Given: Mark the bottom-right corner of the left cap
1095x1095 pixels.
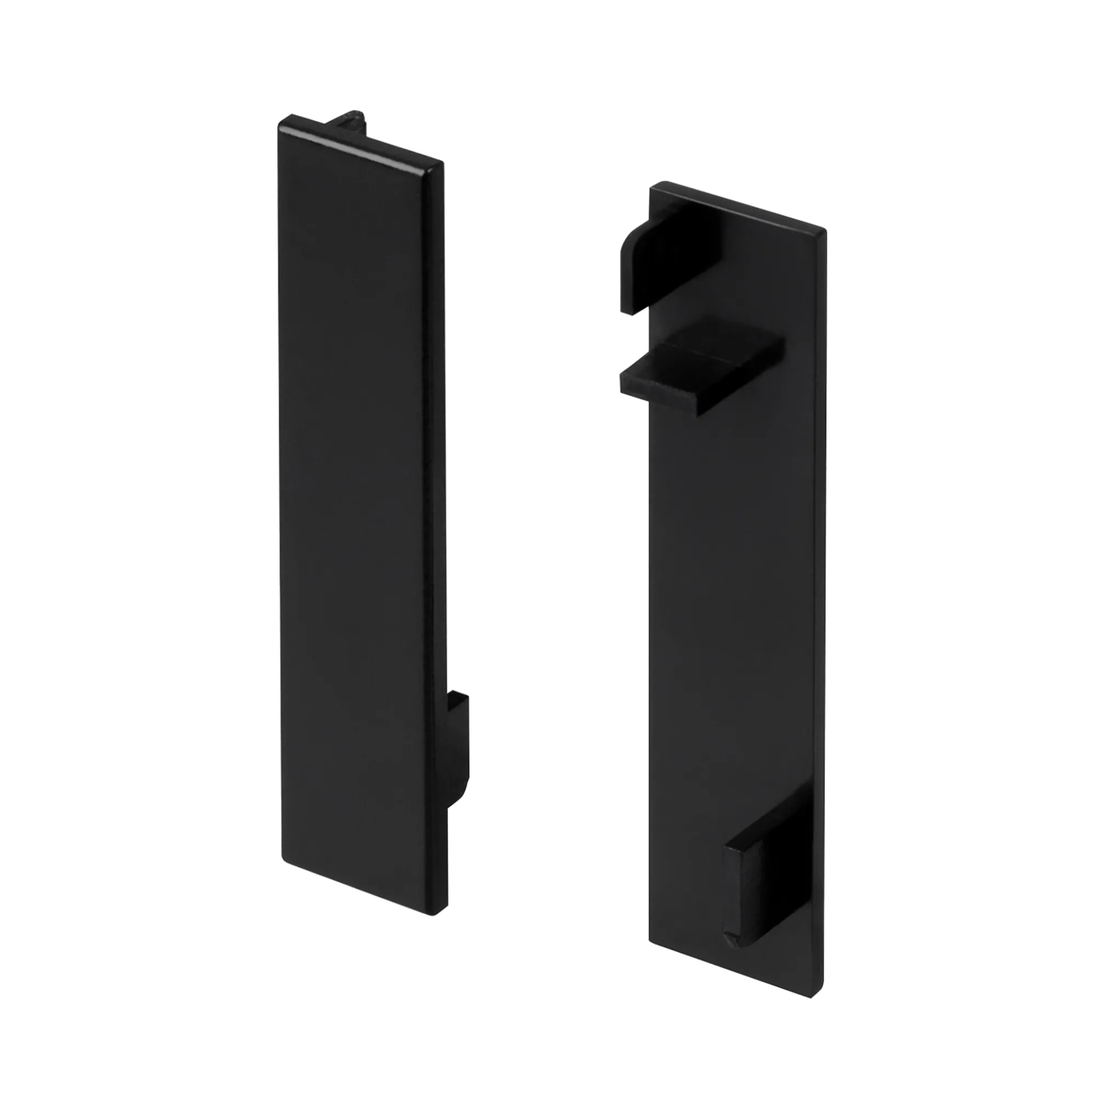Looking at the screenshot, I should [x=446, y=919].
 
